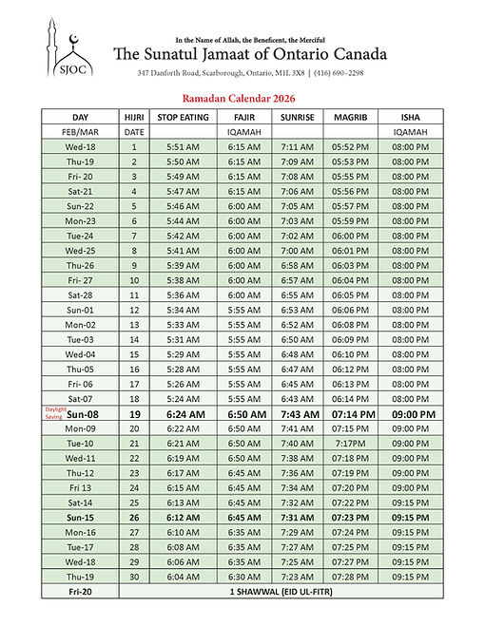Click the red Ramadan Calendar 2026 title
(x=242, y=97)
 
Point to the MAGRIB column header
(x=350, y=117)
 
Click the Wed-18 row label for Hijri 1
(x=80, y=147)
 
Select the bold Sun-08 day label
(x=84, y=414)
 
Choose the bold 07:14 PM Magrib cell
(x=350, y=414)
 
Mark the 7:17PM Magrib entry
(x=350, y=444)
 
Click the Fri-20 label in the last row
(x=80, y=592)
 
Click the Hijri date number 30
(x=134, y=577)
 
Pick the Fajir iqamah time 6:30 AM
(x=243, y=577)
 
